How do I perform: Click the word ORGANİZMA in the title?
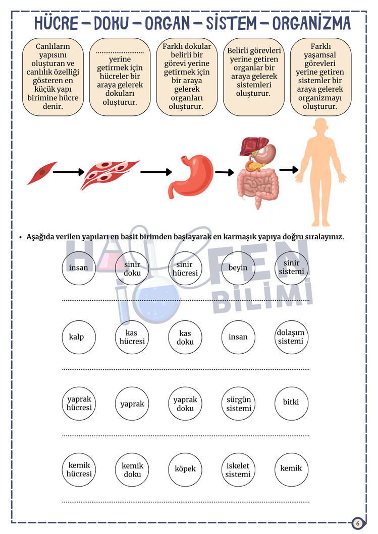click(311, 23)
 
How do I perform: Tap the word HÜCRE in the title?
click(57, 23)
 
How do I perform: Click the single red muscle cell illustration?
click(41, 173)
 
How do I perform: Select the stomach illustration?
click(191, 175)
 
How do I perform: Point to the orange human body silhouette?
click(320, 172)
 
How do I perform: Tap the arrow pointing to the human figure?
click(289, 169)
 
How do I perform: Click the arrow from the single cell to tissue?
click(69, 172)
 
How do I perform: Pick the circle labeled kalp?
click(79, 337)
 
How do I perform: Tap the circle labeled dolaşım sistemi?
click(291, 337)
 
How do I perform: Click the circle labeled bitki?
click(291, 404)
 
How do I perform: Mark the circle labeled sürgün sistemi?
click(238, 404)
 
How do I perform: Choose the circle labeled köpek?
click(185, 470)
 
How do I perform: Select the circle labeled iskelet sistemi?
click(238, 470)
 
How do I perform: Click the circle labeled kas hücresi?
click(132, 337)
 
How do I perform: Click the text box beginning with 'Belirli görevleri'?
click(254, 77)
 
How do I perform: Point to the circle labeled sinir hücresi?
click(185, 269)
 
